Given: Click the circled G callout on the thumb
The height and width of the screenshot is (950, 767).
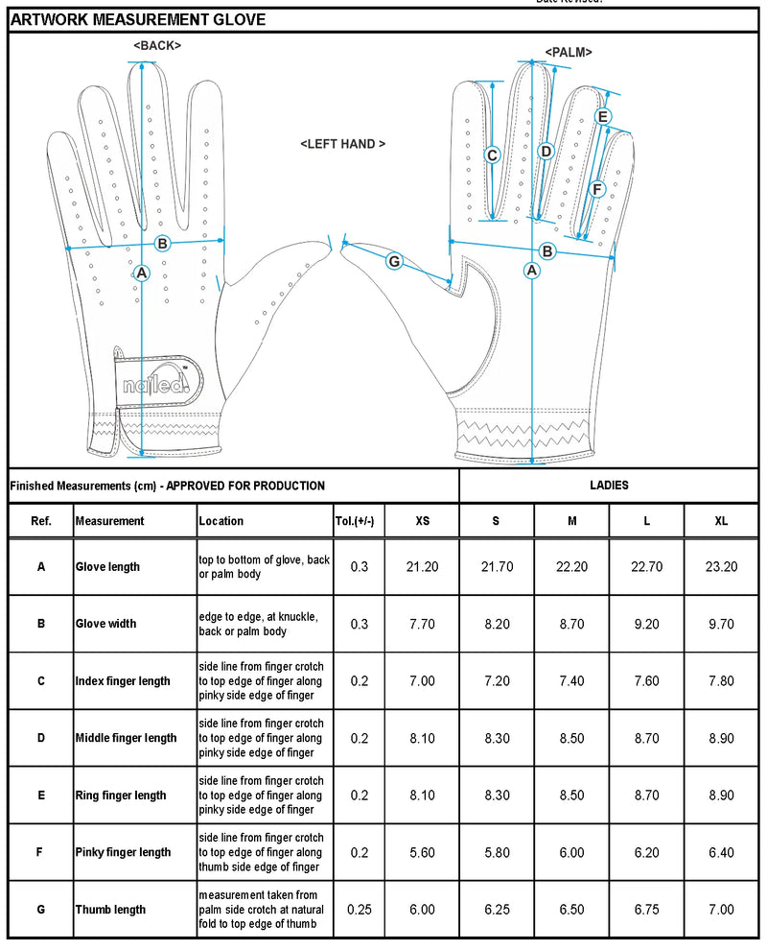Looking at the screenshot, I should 394,260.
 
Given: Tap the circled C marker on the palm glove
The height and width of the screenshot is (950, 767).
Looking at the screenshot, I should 492,155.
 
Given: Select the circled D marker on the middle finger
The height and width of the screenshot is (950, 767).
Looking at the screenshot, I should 546,151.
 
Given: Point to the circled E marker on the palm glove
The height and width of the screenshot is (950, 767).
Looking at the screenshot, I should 603,117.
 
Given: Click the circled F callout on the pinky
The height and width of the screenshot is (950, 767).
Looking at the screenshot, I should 596,190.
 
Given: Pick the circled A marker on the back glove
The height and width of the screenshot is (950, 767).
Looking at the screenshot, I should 142,273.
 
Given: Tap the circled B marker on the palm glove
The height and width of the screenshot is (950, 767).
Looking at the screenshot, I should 547,251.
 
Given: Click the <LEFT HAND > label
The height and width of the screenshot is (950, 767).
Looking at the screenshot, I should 342,144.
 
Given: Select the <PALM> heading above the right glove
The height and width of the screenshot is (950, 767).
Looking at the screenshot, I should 569,52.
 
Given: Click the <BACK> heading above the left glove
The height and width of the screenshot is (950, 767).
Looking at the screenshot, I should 157,45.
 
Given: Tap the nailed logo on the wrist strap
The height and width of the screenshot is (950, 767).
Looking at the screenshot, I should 157,385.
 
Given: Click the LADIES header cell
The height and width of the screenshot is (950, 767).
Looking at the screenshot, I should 610,486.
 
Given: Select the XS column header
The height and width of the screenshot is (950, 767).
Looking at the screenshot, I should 422,521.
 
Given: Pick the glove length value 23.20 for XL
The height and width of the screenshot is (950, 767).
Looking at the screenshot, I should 721,567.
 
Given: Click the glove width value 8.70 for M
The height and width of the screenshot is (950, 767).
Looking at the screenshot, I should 571,624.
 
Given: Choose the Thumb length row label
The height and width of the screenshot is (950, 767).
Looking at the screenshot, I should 111,910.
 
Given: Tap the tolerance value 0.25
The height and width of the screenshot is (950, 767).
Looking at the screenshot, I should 359,910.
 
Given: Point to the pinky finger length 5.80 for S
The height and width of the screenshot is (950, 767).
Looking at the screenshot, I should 497,852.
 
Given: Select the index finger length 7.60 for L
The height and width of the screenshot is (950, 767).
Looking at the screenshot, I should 646,681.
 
